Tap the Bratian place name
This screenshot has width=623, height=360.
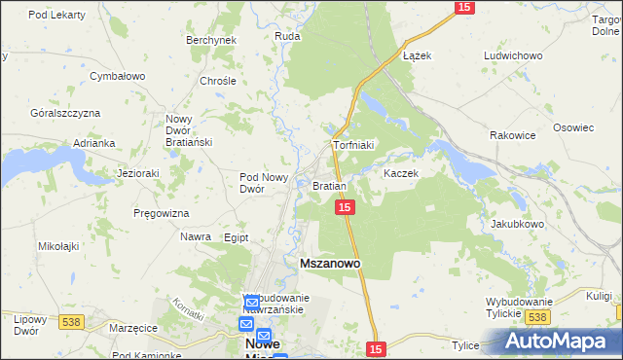click(x=330, y=185)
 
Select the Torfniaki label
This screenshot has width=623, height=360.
click(x=353, y=145)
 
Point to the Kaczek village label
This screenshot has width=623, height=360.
click(x=400, y=173)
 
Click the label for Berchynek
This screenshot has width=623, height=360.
click(x=211, y=40)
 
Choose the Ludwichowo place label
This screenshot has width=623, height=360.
click(x=512, y=55)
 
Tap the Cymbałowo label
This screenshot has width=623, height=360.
click(x=117, y=76)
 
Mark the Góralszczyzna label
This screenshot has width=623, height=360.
click(x=66, y=113)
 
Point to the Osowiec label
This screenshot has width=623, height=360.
click(x=573, y=127)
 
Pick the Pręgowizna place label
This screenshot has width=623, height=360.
click(x=162, y=212)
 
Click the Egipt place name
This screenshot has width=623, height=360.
click(x=237, y=236)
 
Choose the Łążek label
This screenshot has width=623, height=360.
click(x=417, y=55)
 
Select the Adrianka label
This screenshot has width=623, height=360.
click(x=94, y=143)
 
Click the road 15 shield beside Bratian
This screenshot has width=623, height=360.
click(x=345, y=207)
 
